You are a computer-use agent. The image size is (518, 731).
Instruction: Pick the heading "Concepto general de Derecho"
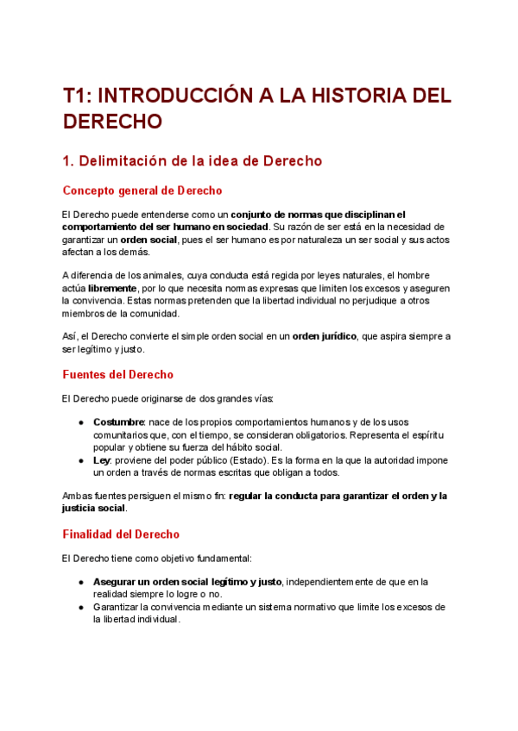click(142, 190)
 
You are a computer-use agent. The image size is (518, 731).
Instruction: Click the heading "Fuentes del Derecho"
click(118, 374)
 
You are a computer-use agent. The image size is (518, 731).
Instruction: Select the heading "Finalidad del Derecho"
click(121, 534)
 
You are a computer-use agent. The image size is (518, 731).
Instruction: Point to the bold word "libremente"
click(112, 287)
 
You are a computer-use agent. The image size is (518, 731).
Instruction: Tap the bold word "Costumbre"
click(119, 422)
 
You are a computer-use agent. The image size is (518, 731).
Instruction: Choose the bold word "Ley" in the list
click(102, 460)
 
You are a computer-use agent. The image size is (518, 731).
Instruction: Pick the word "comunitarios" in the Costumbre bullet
click(120, 435)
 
